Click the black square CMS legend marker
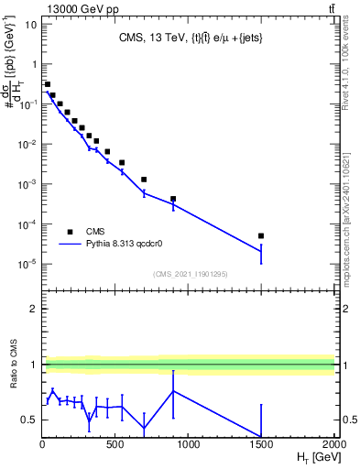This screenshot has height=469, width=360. point(70,232)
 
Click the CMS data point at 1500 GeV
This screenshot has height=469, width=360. point(261,235)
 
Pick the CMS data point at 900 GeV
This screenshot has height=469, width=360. point(173,199)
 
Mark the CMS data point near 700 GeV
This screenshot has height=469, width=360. point(144,180)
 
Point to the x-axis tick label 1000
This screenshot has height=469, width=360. point(189,445)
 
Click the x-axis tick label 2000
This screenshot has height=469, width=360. point(333,445)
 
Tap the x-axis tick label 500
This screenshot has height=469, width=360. point(115,445)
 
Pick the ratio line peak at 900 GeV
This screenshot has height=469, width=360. point(173,391)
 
